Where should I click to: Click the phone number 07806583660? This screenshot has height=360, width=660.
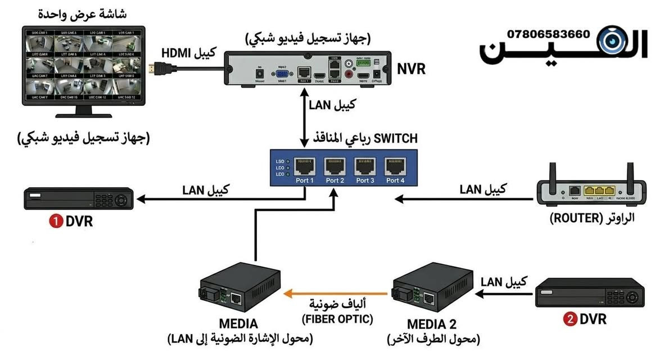[548, 34]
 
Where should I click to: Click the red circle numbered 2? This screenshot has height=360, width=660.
[569, 319]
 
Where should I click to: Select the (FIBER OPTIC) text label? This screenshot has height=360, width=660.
[337, 319]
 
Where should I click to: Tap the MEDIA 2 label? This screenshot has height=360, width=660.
[432, 325]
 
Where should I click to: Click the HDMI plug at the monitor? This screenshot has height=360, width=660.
[156, 69]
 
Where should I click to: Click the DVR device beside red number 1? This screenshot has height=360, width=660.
[78, 200]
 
